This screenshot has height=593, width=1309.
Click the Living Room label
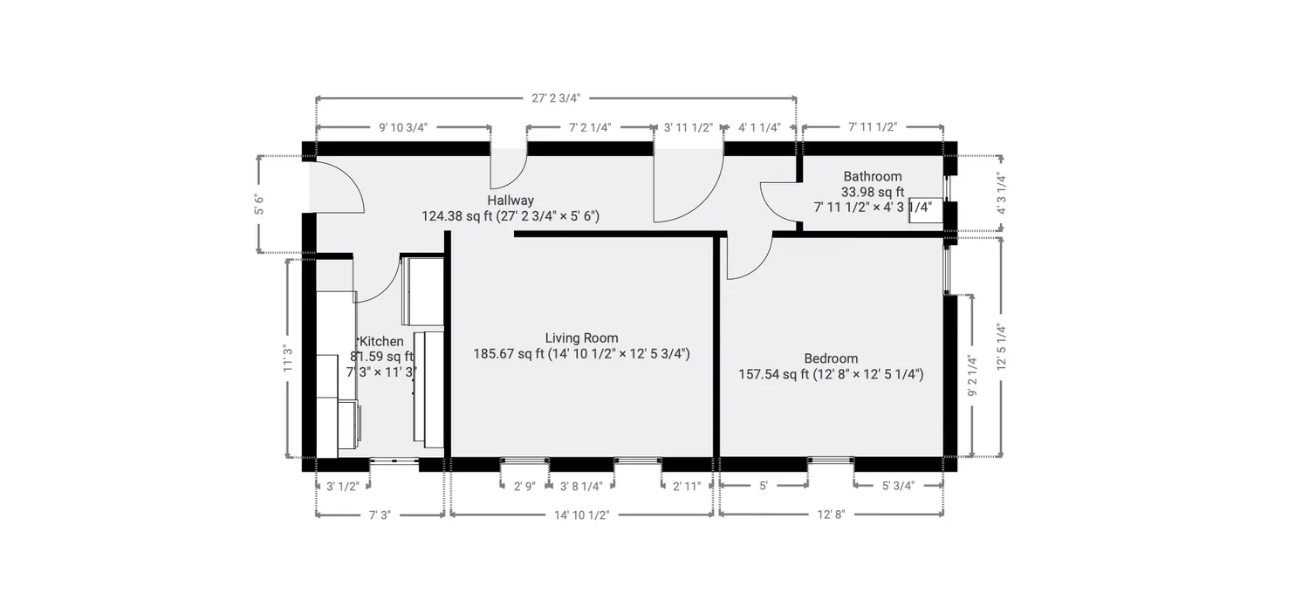[581, 338]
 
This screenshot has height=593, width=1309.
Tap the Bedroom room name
[830, 358]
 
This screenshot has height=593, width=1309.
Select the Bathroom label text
[872, 176]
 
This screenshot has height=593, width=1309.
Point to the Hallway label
[511, 201]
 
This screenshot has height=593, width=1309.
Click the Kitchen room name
[382, 342]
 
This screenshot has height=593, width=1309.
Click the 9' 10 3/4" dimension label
[402, 127]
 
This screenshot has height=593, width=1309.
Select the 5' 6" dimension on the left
[258, 205]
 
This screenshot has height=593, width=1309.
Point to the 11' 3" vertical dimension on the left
[287, 358]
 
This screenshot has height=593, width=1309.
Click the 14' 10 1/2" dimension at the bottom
[581, 515]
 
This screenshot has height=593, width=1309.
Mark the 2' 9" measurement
[524, 487]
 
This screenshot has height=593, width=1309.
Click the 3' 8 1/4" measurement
[581, 487]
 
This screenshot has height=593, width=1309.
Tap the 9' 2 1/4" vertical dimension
[973, 375]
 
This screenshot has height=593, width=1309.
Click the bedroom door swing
[747, 258]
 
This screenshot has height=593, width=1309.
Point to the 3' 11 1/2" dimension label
[689, 127]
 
